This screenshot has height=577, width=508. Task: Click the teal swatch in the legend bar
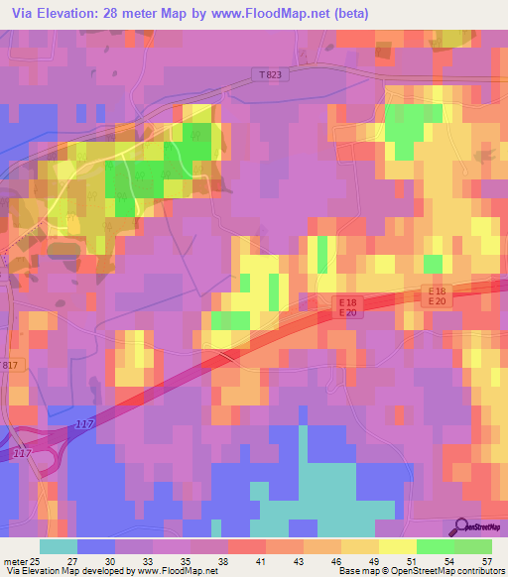click(59, 546)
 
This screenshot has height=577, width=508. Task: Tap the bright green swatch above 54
click(436, 546)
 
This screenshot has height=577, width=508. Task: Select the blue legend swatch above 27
click(96, 546)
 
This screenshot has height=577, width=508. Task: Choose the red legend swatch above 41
click(247, 546)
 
